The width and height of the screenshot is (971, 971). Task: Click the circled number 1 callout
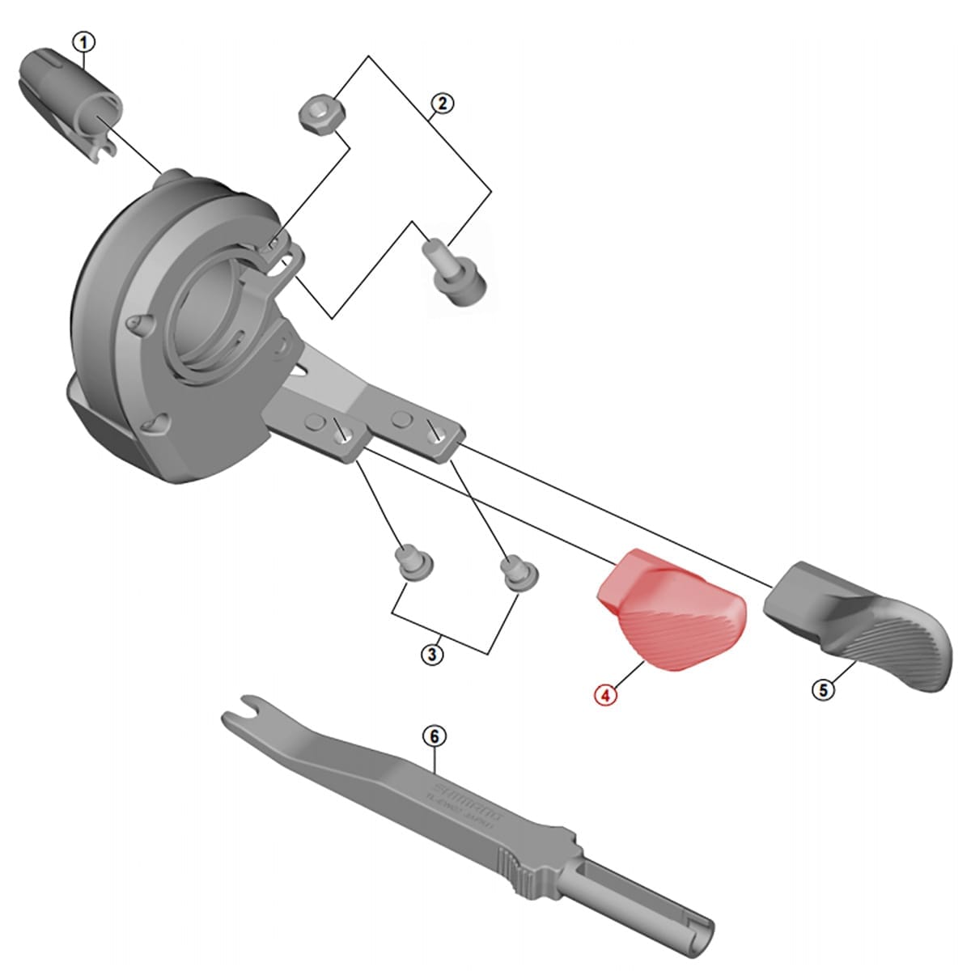coord(84,41)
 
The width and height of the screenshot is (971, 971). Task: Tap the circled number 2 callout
coord(442,103)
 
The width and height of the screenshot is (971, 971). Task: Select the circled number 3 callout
coord(433,654)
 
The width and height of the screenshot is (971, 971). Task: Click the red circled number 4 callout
coord(604,694)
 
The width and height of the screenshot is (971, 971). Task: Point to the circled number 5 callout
coord(823,690)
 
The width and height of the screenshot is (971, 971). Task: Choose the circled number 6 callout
coord(435,736)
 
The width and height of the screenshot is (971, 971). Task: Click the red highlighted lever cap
coord(669,611)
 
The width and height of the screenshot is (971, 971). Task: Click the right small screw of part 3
coord(511,571)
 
